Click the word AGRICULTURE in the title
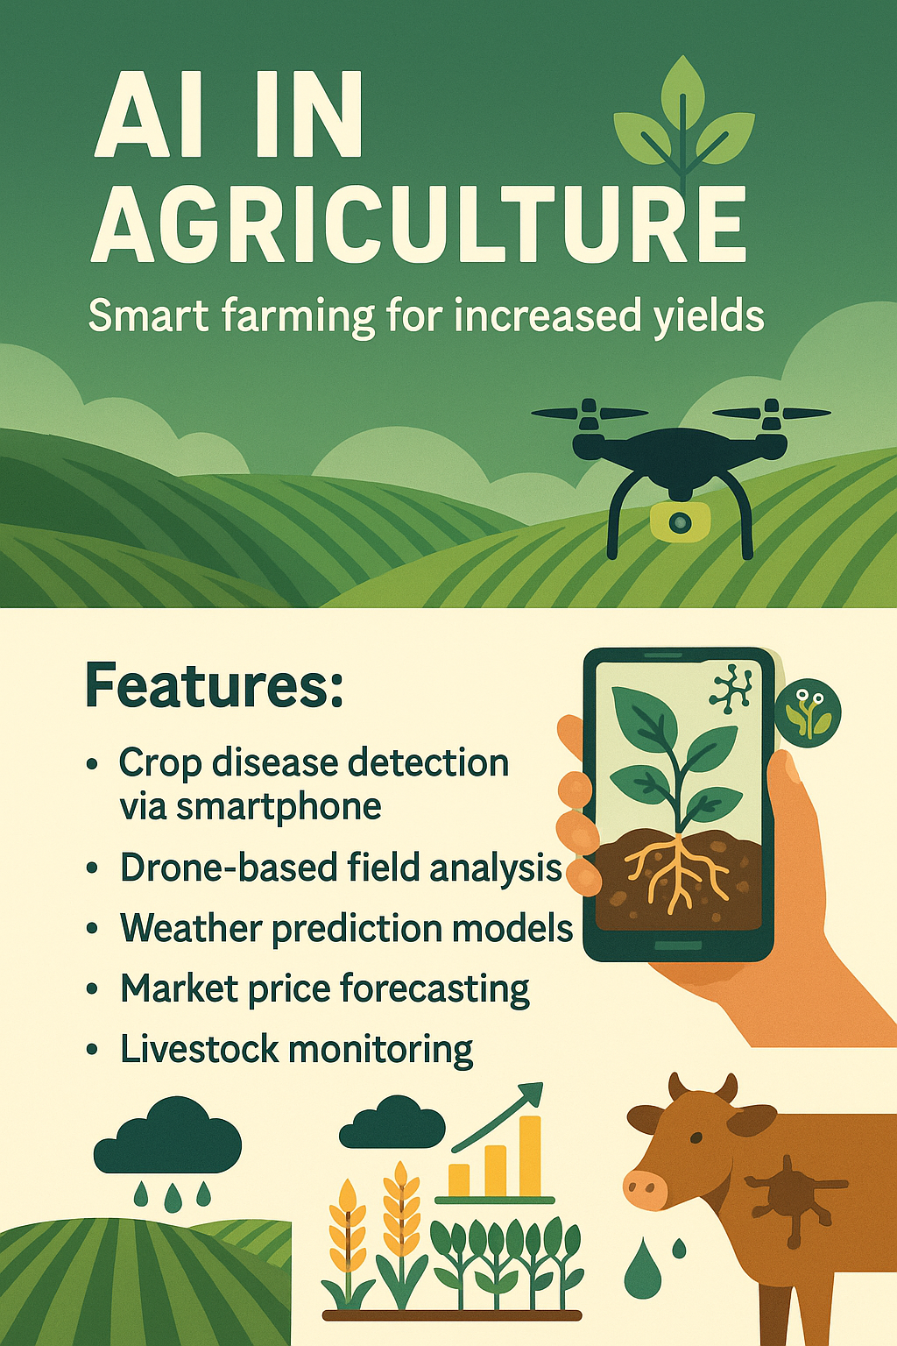[x=419, y=225]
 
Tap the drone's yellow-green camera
[x=679, y=522]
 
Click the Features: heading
[x=214, y=687]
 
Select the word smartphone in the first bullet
[x=279, y=807]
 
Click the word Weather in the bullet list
[x=191, y=928]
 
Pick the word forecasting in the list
[x=434, y=989]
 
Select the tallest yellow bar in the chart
[x=530, y=1156]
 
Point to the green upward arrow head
[x=529, y=1095]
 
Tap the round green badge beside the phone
[x=808, y=712]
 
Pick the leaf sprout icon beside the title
[x=683, y=123]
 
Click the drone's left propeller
[x=588, y=412]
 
